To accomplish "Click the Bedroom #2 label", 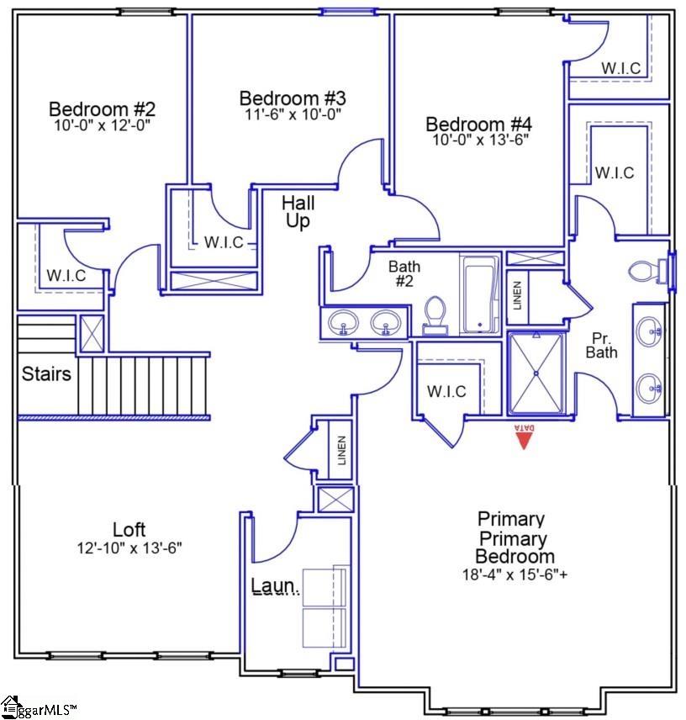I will tap(102, 109).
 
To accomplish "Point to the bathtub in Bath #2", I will tap(480, 294).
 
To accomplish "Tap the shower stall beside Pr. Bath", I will tap(536, 373).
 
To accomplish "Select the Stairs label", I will tap(46, 373).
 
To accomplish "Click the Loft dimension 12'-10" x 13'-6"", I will tap(129, 548).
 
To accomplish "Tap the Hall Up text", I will tap(298, 212).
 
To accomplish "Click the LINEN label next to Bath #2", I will tap(517, 295).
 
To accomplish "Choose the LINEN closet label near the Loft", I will tap(340, 452).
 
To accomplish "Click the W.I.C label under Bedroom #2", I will tap(66, 275).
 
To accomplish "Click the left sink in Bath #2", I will tap(342, 322).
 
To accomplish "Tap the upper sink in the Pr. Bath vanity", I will tap(649, 331).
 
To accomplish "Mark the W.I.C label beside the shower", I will tap(446, 392).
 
